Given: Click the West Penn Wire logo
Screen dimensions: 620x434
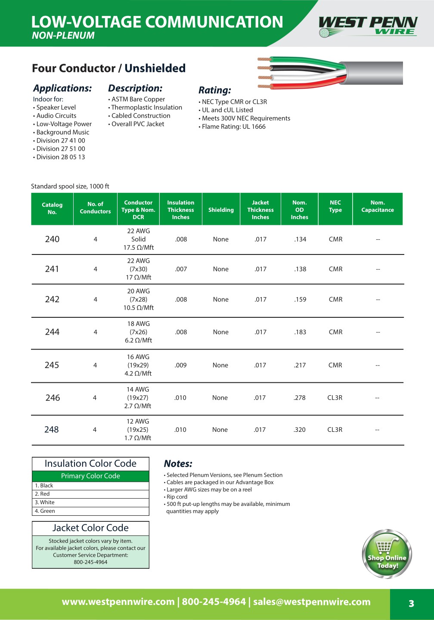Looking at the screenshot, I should [x=368, y=26].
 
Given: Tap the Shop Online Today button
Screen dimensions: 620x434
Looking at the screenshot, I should [x=387, y=554].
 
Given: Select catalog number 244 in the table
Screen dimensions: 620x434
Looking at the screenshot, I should [x=52, y=332].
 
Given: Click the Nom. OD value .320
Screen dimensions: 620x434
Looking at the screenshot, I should [x=300, y=430].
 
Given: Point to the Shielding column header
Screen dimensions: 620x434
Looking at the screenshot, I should [x=221, y=210].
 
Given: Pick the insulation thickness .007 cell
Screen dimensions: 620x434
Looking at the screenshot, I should [x=181, y=269].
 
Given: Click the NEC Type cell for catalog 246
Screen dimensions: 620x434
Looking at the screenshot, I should [x=335, y=398].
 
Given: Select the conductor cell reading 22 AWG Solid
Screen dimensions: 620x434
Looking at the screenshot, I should [x=138, y=239].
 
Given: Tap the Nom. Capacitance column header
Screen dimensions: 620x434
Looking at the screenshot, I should [x=378, y=206].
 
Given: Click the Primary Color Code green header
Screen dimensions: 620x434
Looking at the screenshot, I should [x=90, y=476].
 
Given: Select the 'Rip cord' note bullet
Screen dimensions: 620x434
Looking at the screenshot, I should [x=177, y=497].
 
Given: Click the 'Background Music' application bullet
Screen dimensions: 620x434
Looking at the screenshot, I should [x=63, y=132].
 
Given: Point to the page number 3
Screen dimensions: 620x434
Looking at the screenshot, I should [x=411, y=604].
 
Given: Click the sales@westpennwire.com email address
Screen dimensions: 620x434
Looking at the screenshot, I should [x=312, y=602].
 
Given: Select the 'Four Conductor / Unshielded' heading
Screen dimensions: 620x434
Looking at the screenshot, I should [x=108, y=68].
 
